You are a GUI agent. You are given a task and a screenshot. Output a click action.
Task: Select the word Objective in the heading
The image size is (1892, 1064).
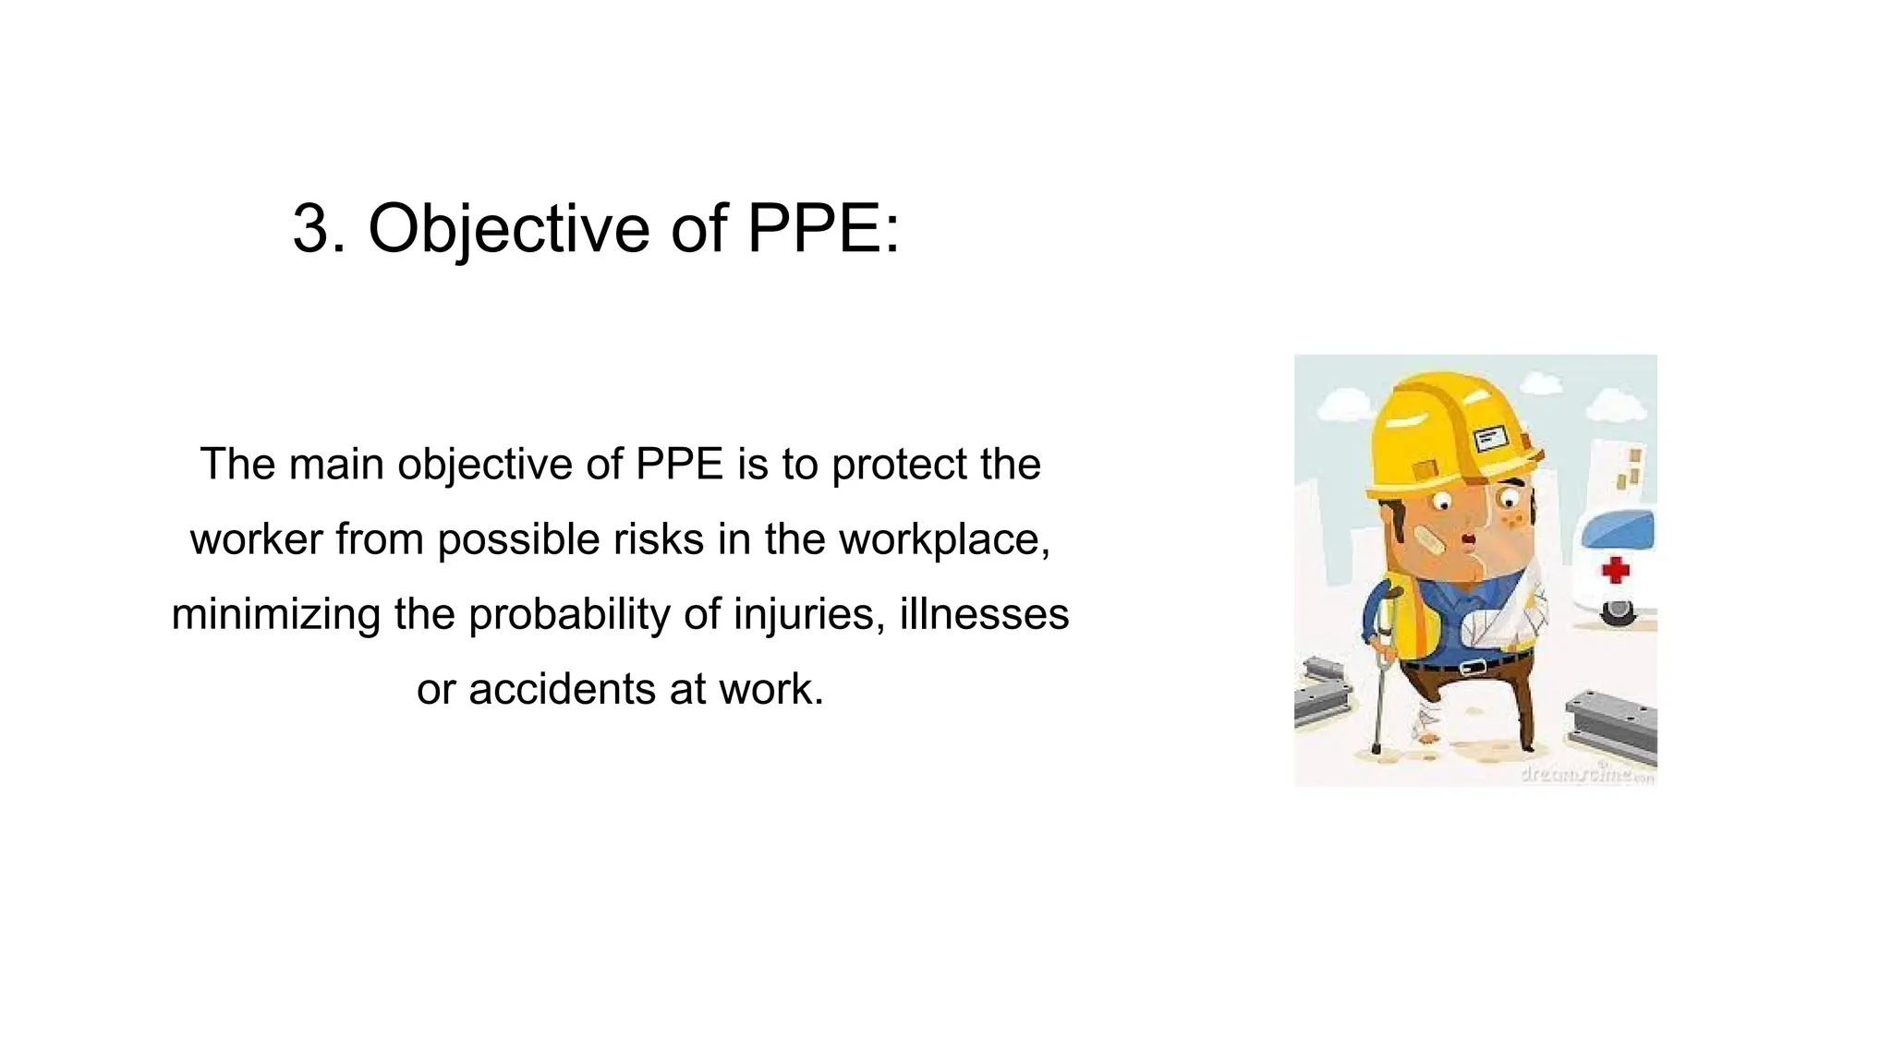point(508,230)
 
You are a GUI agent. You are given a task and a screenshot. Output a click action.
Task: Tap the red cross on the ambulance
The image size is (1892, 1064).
point(1615,570)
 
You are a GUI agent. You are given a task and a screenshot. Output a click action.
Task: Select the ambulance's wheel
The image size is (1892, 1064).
point(1618,611)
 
